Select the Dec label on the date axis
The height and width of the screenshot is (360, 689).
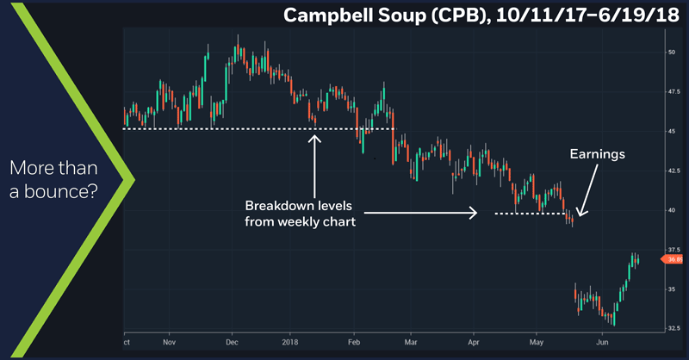click(231, 341)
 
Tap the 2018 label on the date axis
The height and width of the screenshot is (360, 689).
click(290, 341)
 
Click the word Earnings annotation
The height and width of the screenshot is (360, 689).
click(597, 155)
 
